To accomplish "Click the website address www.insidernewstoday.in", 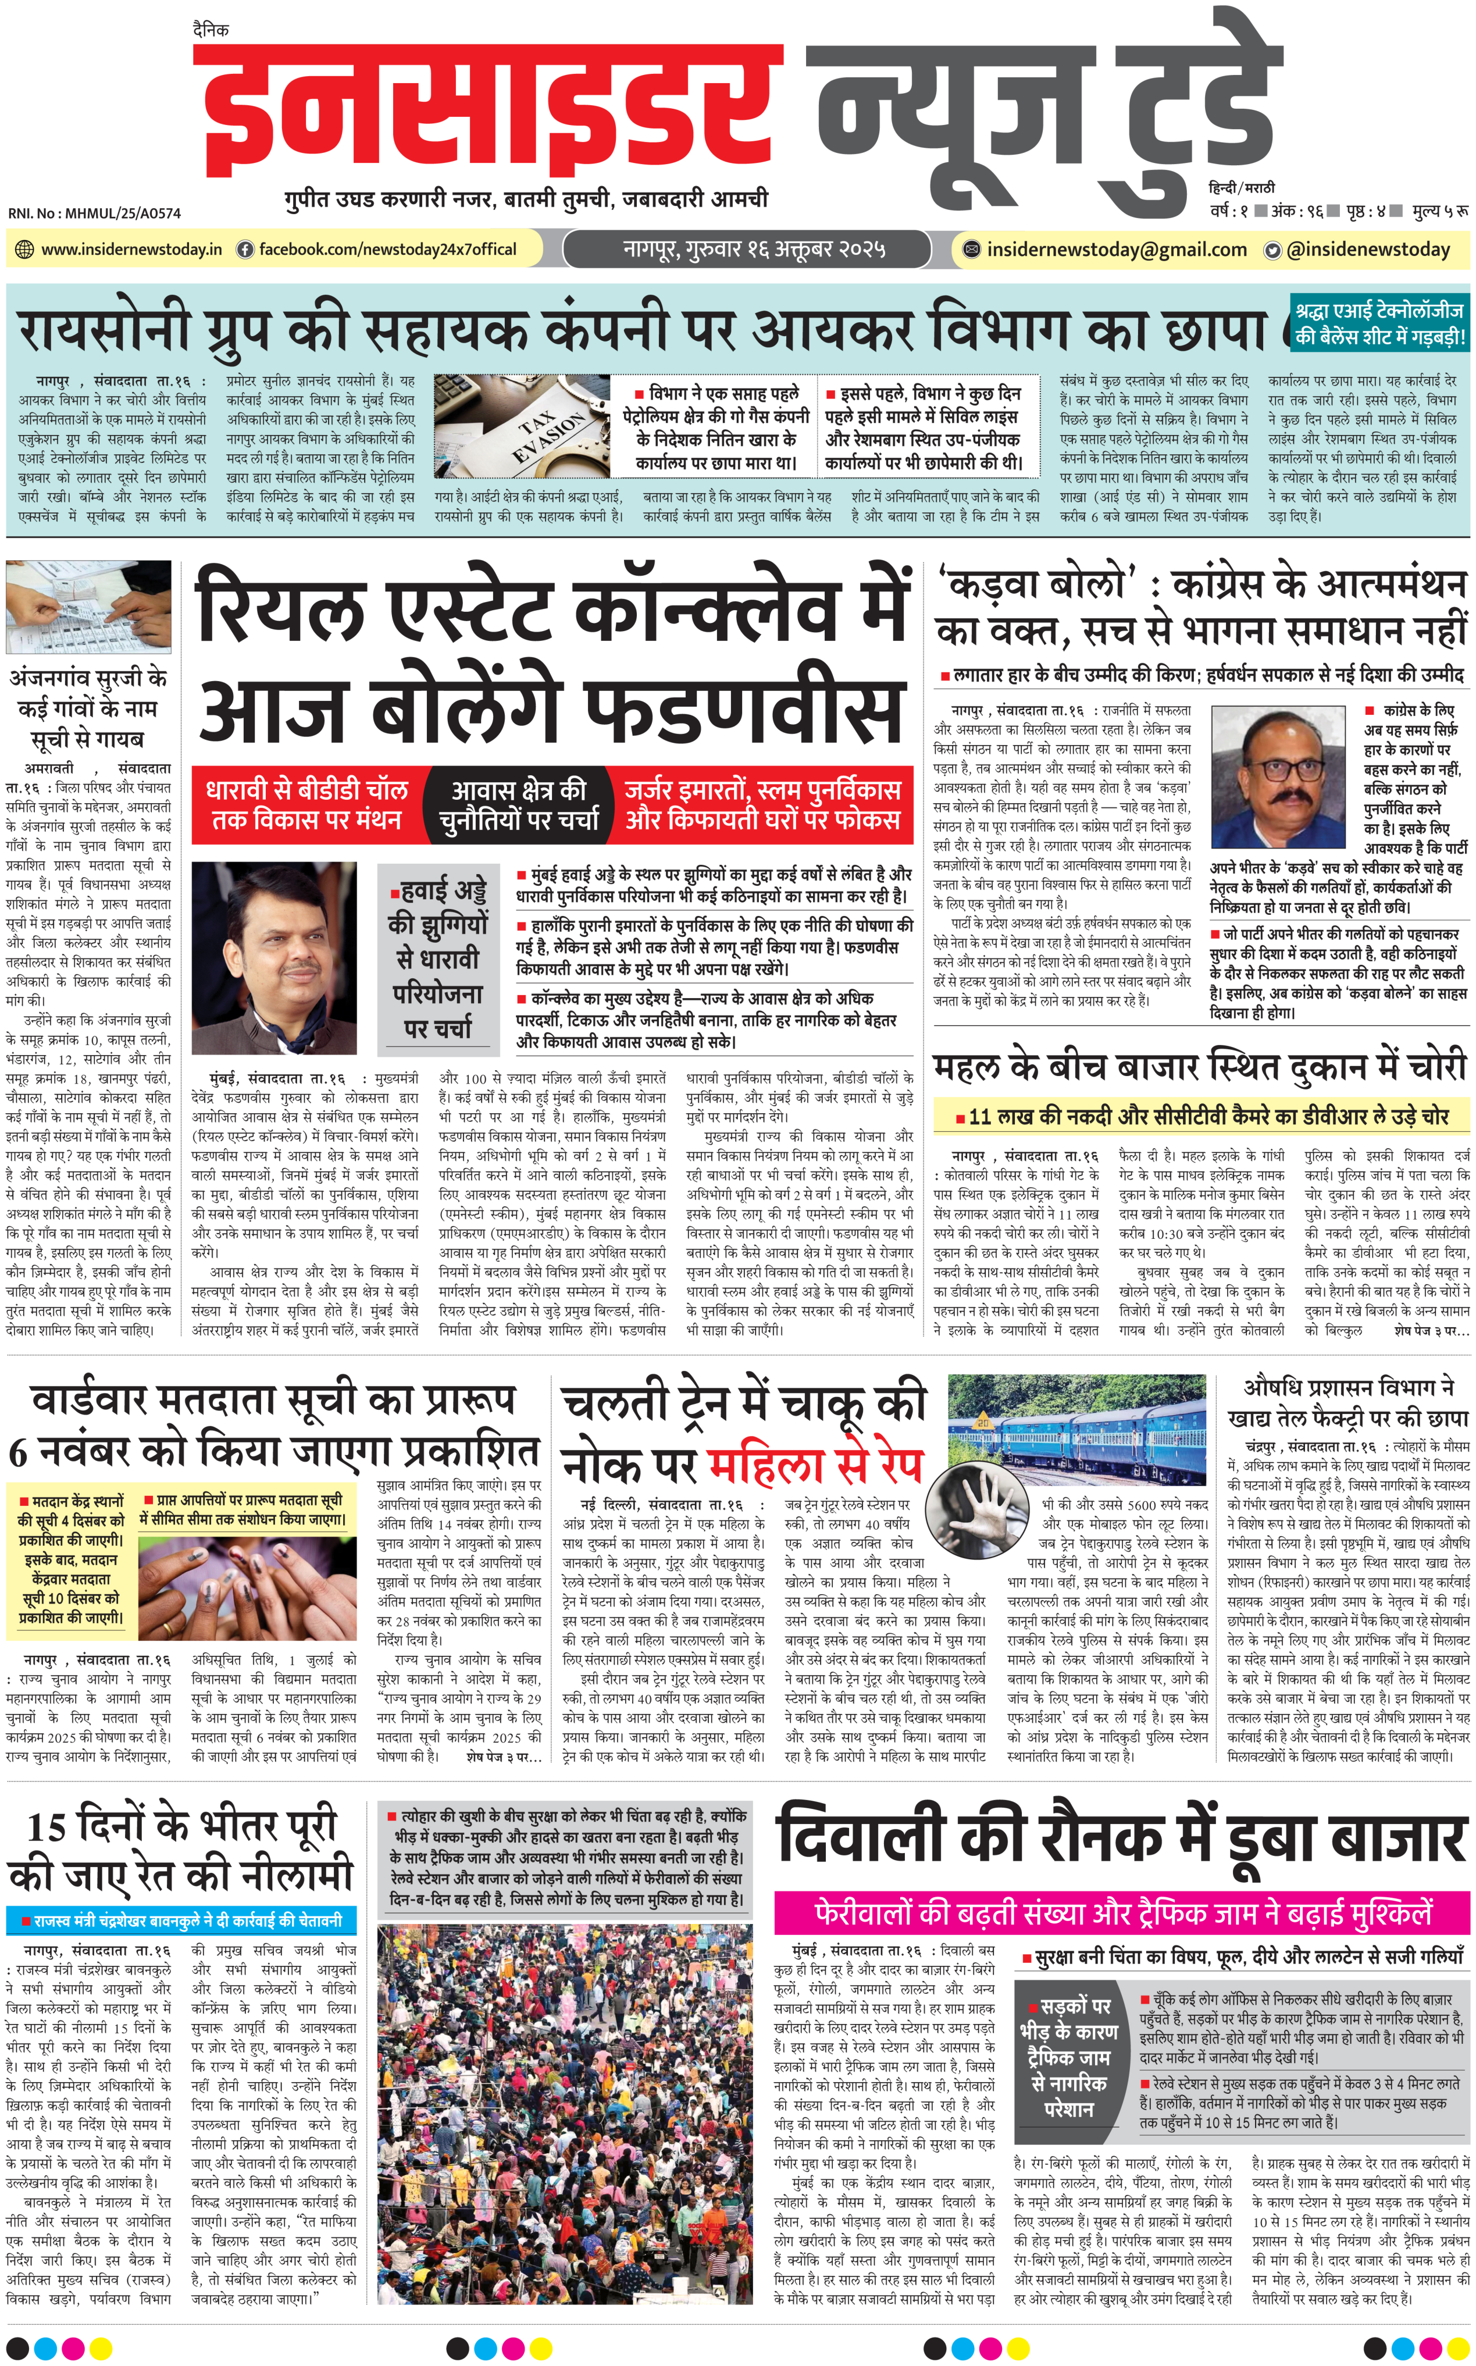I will point(131,250).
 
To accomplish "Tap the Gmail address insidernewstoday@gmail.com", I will point(1116,250).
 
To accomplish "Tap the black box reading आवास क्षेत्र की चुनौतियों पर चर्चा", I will point(518,806).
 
